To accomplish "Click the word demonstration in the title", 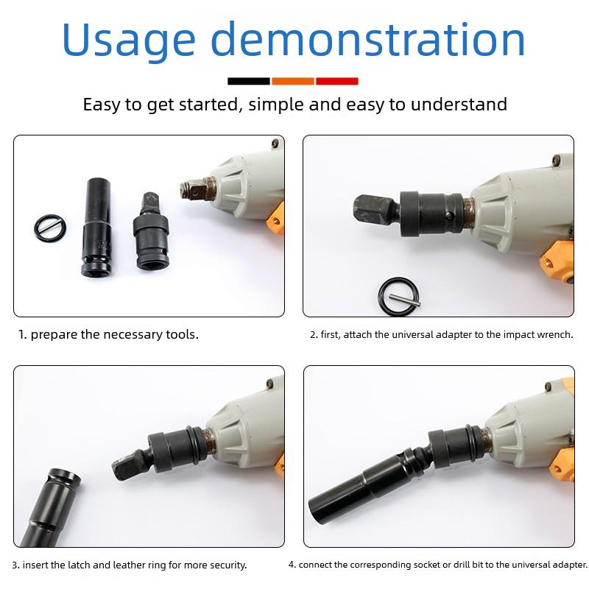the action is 367,39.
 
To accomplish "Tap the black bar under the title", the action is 249,81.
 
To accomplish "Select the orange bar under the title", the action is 293,81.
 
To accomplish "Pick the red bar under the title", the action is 337,81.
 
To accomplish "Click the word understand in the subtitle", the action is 459,104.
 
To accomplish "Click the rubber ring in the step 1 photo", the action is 50,228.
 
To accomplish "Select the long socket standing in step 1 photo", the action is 97,228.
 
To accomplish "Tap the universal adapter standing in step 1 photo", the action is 151,231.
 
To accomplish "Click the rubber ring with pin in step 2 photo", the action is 398,297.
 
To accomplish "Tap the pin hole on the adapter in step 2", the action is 448,216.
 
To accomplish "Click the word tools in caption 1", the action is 182,334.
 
